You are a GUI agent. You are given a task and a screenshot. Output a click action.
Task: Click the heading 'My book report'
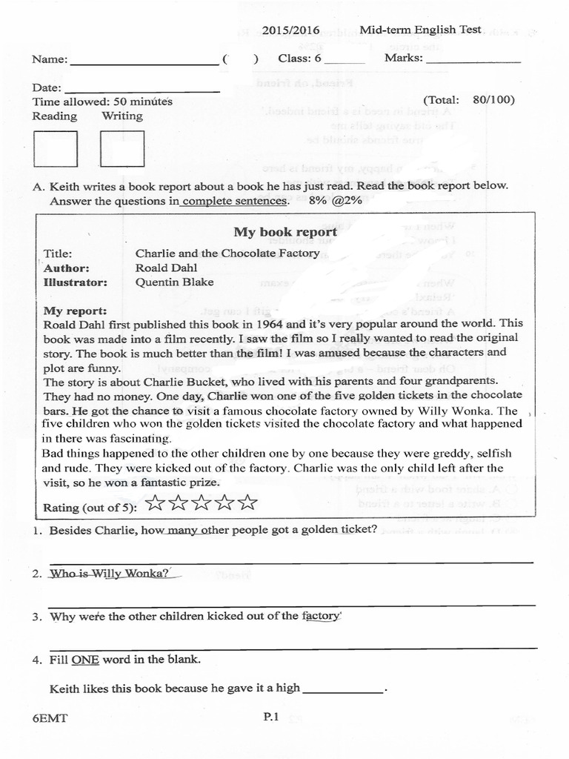[x=285, y=232]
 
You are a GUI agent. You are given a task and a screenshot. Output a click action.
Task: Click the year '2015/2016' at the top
[x=291, y=31]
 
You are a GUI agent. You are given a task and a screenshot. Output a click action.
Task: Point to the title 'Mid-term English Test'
[x=420, y=30]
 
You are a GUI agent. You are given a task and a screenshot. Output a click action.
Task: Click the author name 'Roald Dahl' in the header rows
[x=164, y=268]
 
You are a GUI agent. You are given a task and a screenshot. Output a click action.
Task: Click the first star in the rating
[x=156, y=504]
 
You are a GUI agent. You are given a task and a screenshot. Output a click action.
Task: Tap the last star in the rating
[x=248, y=504]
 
